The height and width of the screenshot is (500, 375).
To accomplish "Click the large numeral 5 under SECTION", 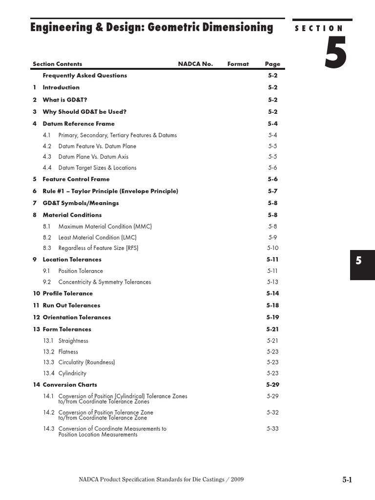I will click(x=335, y=54).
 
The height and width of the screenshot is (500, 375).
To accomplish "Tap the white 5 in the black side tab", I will click(x=358, y=261).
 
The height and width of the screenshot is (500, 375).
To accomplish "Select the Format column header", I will click(x=238, y=64).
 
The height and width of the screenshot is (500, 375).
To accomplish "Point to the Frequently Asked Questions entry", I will click(x=84, y=76).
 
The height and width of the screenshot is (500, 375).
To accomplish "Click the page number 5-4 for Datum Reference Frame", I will click(x=272, y=124).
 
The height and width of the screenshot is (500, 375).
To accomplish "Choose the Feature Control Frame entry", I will click(x=76, y=179).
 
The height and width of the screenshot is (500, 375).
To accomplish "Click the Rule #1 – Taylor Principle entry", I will click(x=110, y=191).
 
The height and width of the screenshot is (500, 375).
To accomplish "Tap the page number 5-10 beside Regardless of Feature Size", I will click(x=272, y=248).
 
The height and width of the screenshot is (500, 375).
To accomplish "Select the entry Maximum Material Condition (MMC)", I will click(x=105, y=227).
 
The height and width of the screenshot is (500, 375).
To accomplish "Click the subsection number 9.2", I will click(x=47, y=282).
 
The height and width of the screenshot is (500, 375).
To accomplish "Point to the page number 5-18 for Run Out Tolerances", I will click(x=272, y=306).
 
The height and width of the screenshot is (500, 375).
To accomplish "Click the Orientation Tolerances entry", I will click(x=77, y=317).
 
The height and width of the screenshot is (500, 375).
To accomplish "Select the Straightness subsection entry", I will click(x=73, y=341).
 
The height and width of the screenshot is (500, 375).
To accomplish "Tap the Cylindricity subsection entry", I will click(x=72, y=374).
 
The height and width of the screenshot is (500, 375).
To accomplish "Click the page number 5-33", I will click(x=272, y=429).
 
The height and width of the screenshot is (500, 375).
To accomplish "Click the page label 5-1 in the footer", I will click(x=347, y=480).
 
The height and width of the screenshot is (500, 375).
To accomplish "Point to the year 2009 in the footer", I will click(x=237, y=479).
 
